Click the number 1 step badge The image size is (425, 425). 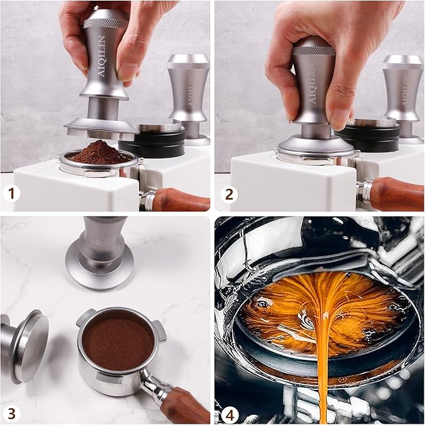tap(11, 193)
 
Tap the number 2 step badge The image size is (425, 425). tap(229, 194)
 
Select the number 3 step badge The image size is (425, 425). tap(11, 414)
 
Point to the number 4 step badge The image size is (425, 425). tap(229, 414)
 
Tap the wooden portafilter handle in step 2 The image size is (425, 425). tap(394, 195)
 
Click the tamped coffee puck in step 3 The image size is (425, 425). tap(118, 344)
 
